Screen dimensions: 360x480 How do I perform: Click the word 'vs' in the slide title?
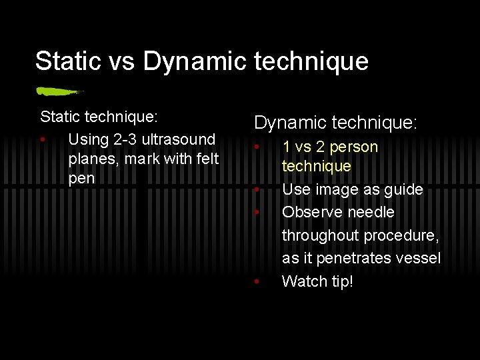click(x=122, y=61)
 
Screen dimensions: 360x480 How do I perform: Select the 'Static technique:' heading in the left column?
click(x=99, y=117)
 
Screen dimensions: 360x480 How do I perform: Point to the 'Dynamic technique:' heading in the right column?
click(x=335, y=123)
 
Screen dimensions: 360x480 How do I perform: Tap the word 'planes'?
click(x=92, y=159)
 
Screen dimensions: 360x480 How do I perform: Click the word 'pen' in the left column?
click(x=81, y=179)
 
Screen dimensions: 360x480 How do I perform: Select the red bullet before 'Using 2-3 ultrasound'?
click(x=43, y=141)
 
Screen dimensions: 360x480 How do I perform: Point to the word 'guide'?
click(x=401, y=189)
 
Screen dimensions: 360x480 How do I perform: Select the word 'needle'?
click(x=372, y=212)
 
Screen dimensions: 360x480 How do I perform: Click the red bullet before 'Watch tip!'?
click(x=256, y=281)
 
